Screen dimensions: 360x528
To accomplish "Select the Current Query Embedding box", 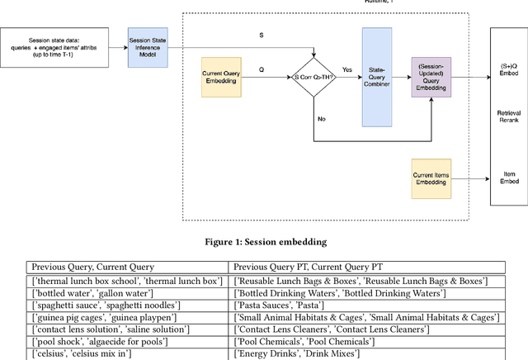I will click(220, 75).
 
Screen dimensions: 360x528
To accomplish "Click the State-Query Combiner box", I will click(377, 75).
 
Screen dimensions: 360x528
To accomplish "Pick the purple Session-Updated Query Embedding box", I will click(431, 76).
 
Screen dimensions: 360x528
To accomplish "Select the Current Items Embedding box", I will click(431, 178).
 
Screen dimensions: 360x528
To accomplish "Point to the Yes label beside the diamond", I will click(347, 69).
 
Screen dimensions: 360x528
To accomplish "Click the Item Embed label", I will click(508, 178).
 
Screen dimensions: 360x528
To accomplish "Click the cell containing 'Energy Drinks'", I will click(296, 354).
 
